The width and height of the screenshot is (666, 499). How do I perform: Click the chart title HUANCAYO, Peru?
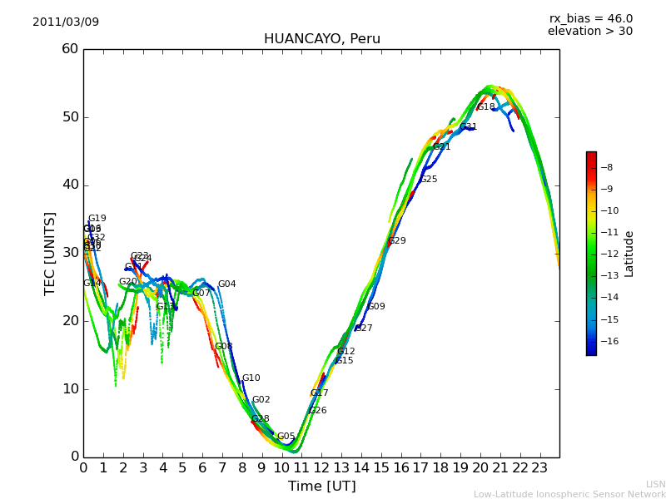(321, 39)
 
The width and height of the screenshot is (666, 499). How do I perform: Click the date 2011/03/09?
(66, 22)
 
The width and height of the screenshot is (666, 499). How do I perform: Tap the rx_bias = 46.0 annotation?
(590, 18)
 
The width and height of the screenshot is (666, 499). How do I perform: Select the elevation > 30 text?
(589, 32)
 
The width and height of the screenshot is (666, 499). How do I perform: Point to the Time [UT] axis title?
(321, 486)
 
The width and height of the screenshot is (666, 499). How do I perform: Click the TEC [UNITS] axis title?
(50, 253)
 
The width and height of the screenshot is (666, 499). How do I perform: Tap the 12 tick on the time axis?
(321, 468)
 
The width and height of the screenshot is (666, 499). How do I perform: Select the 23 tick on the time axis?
(539, 468)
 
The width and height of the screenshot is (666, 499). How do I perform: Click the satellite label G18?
(486, 107)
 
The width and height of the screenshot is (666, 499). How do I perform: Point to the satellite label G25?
(429, 180)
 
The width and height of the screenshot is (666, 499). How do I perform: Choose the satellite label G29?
(397, 241)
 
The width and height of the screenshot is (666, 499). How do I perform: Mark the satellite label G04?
(226, 284)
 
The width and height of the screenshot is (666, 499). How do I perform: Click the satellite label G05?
(286, 437)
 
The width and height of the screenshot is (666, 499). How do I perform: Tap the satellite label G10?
(251, 378)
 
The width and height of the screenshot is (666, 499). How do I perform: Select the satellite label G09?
(376, 307)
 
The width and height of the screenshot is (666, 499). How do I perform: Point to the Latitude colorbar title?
(629, 254)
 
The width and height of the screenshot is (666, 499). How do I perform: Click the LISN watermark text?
(655, 484)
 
